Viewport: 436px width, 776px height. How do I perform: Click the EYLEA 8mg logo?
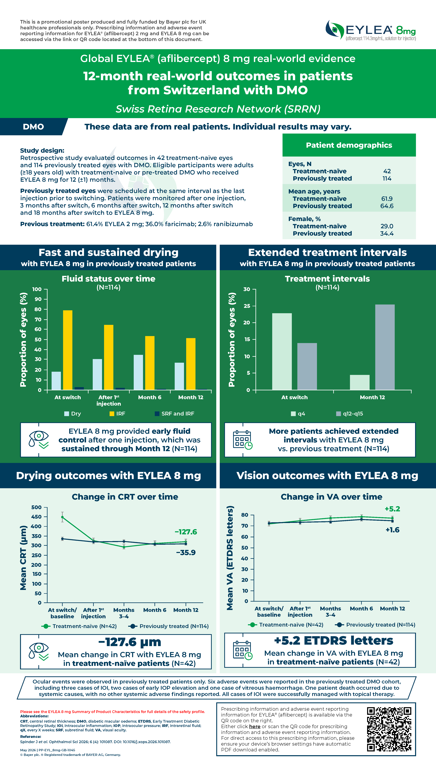click(370, 30)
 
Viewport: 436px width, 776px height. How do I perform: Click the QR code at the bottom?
click(389, 729)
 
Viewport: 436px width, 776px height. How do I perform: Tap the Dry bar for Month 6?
click(138, 372)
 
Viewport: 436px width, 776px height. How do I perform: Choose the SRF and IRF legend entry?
click(175, 414)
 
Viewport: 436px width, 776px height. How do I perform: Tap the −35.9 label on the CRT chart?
click(186, 553)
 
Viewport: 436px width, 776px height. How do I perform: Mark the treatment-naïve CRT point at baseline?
click(62, 517)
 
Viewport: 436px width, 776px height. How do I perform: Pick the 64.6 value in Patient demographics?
click(387, 206)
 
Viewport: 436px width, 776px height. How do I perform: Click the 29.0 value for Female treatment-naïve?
click(387, 226)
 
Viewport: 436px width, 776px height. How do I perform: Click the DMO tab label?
click(33, 127)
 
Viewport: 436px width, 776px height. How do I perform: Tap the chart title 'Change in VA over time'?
click(331, 497)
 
